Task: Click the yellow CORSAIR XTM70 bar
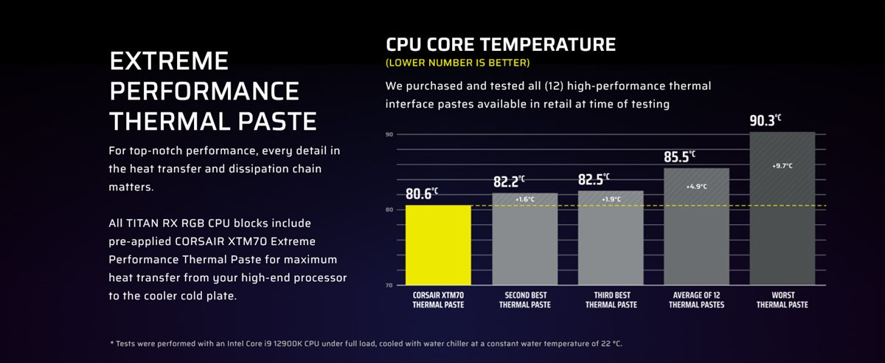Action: (438, 245)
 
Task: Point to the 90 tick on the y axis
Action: (389, 134)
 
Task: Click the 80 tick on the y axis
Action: (389, 210)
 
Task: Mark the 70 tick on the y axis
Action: (389, 285)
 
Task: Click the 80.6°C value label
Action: (421, 194)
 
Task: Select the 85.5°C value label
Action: (679, 156)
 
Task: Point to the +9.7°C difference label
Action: (782, 166)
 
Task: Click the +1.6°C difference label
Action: (524, 199)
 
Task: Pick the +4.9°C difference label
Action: (696, 187)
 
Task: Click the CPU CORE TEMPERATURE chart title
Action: (501, 44)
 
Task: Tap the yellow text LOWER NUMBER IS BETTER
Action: (457, 63)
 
